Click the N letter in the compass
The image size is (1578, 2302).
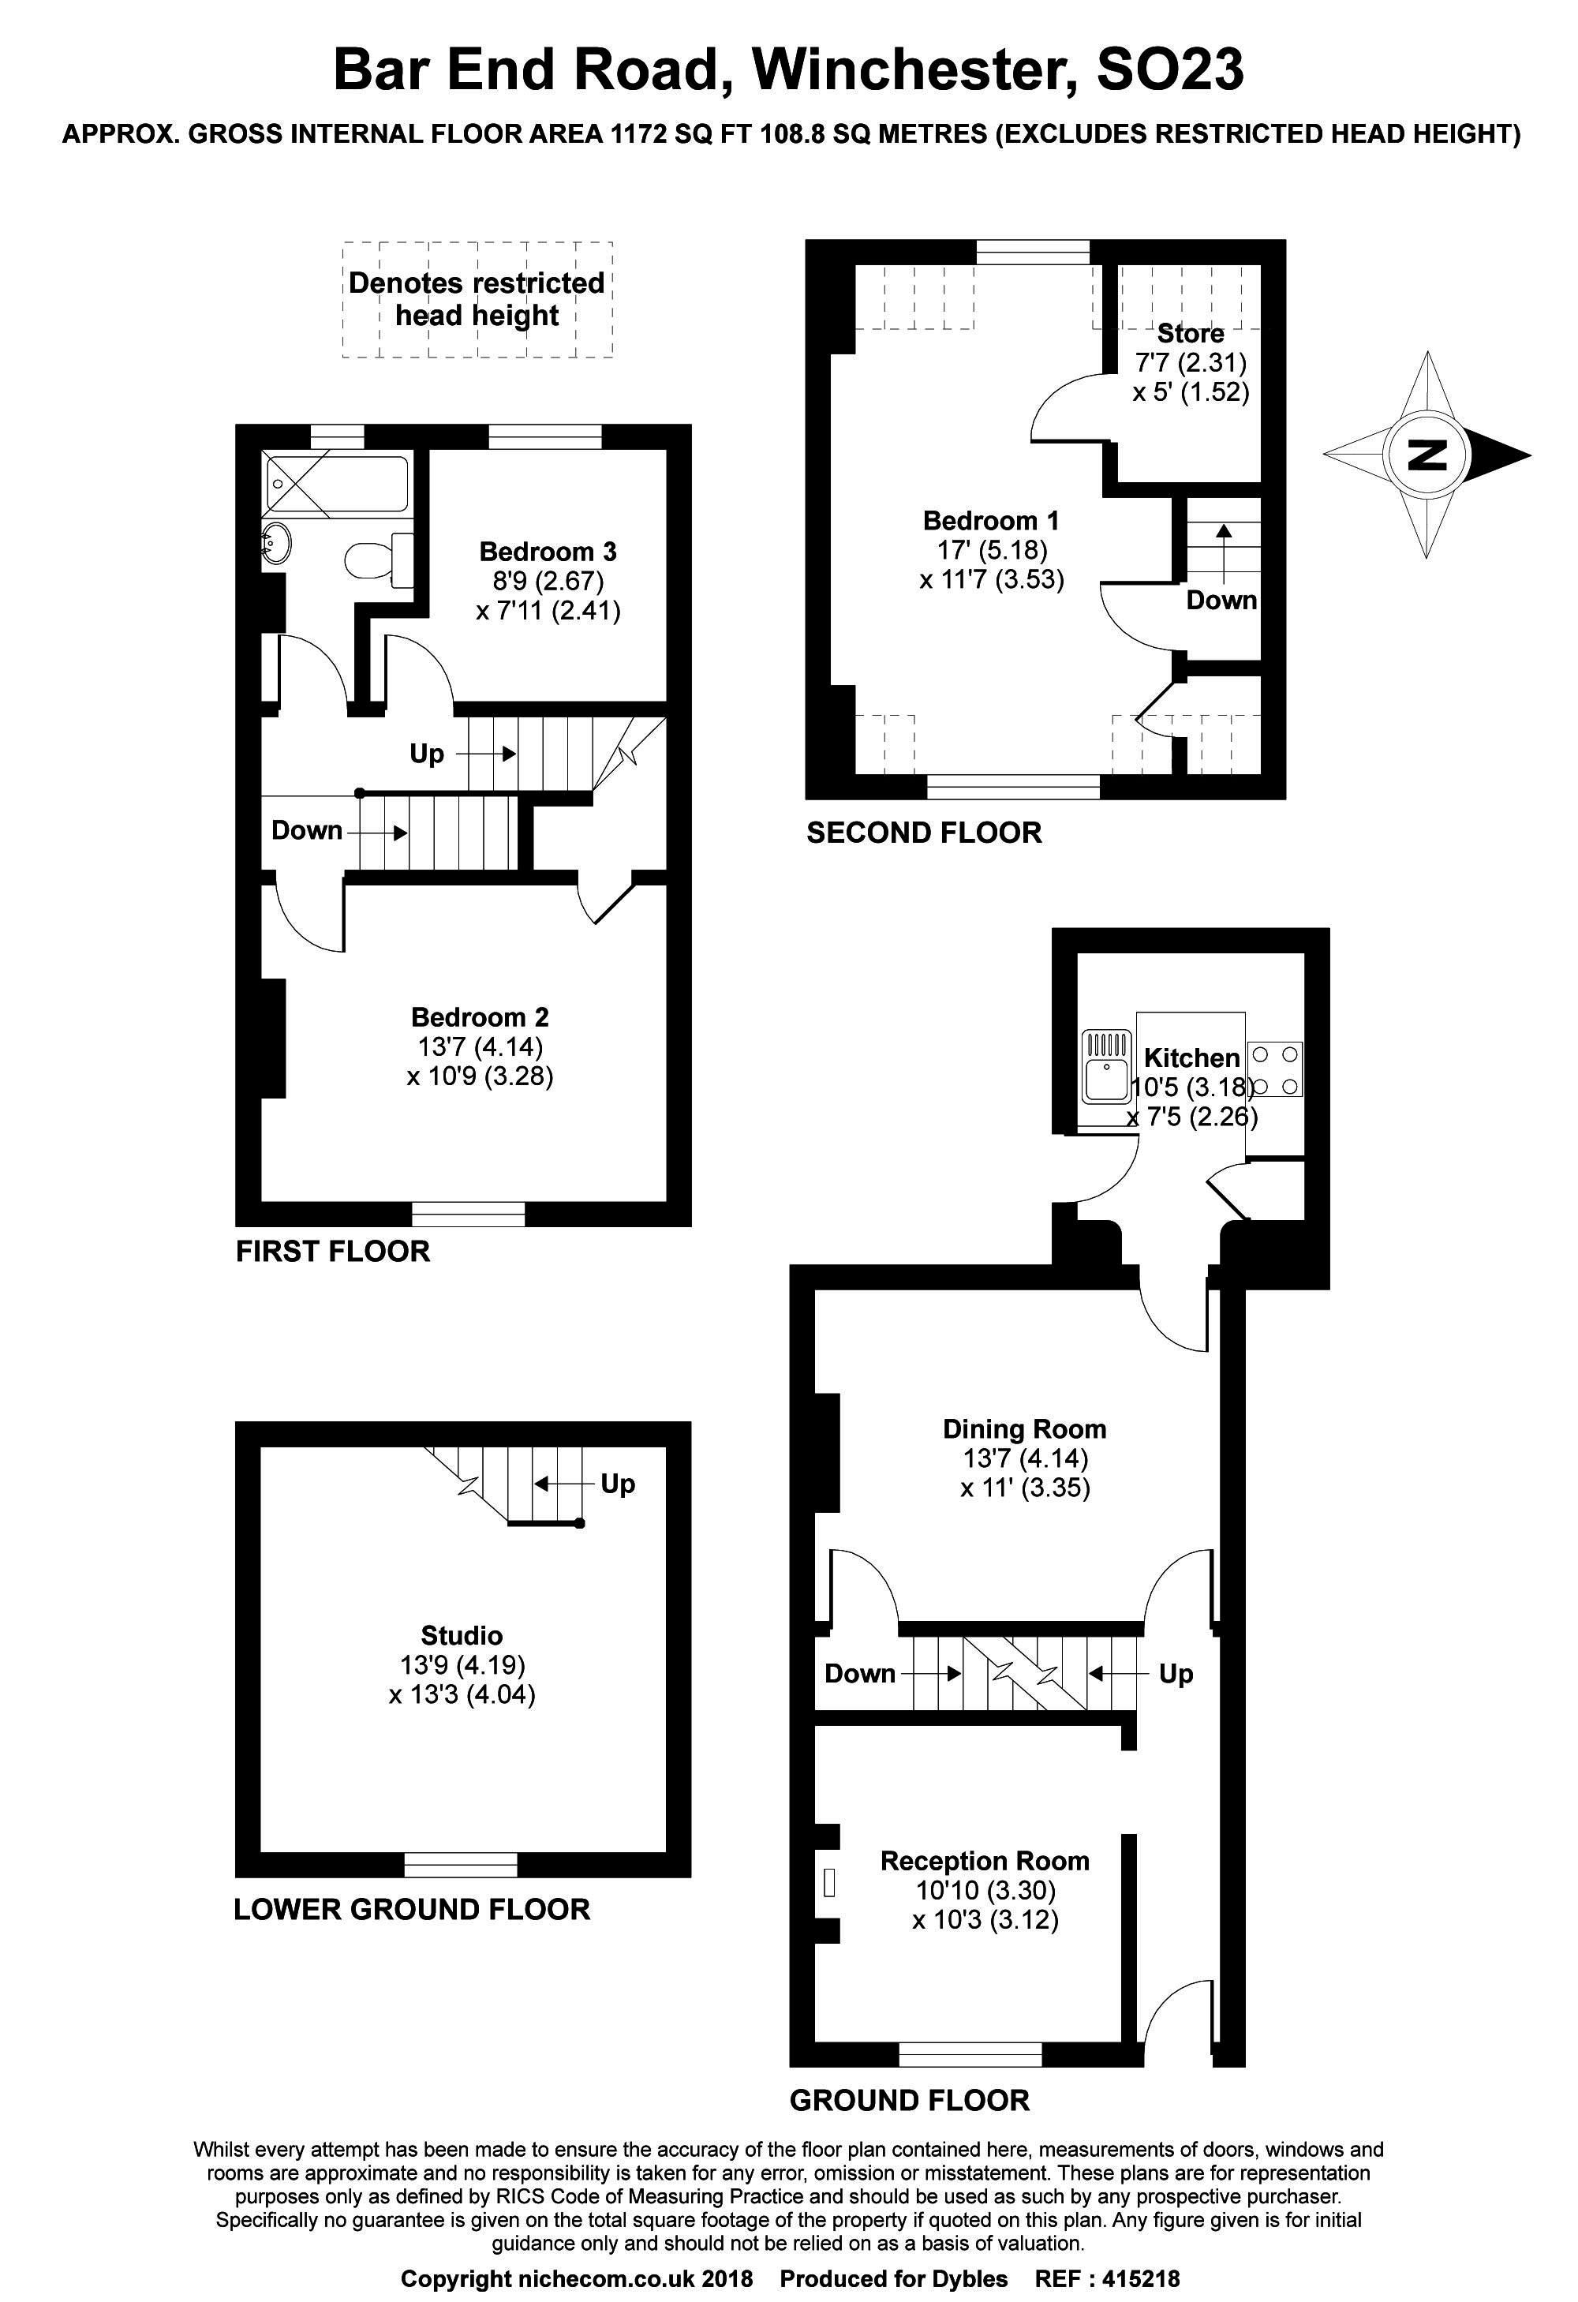[1427, 455]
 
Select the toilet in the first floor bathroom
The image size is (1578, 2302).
[380, 560]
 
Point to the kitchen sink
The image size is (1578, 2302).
[1108, 1067]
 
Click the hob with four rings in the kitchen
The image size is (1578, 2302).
[1275, 1069]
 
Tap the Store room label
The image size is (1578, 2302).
[1190, 333]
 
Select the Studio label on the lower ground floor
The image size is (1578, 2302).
[462, 1635]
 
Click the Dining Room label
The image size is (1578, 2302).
[1024, 1428]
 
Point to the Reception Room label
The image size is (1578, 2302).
[985, 1860]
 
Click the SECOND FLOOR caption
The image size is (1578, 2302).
[924, 833]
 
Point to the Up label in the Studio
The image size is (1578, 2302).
[617, 1483]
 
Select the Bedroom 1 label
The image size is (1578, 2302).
[990, 520]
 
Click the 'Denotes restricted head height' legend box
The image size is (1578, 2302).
[477, 299]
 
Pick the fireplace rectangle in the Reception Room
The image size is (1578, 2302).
[830, 1882]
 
